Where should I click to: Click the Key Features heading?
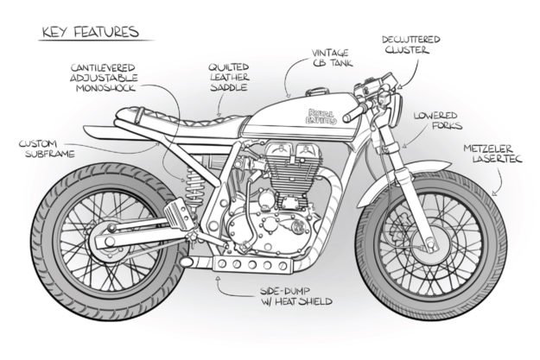click(89, 33)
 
